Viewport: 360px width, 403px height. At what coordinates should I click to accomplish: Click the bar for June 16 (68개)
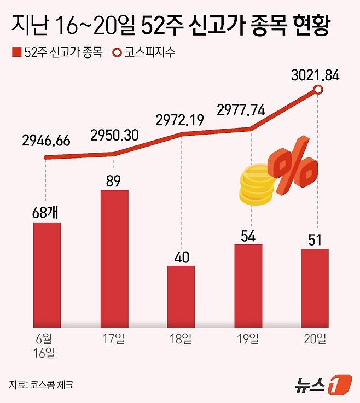(47, 271)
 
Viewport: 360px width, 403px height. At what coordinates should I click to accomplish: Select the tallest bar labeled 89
(114, 255)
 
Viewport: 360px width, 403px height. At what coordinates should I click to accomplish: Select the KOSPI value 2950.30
(114, 135)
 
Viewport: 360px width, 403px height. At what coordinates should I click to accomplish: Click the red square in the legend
(15, 53)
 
